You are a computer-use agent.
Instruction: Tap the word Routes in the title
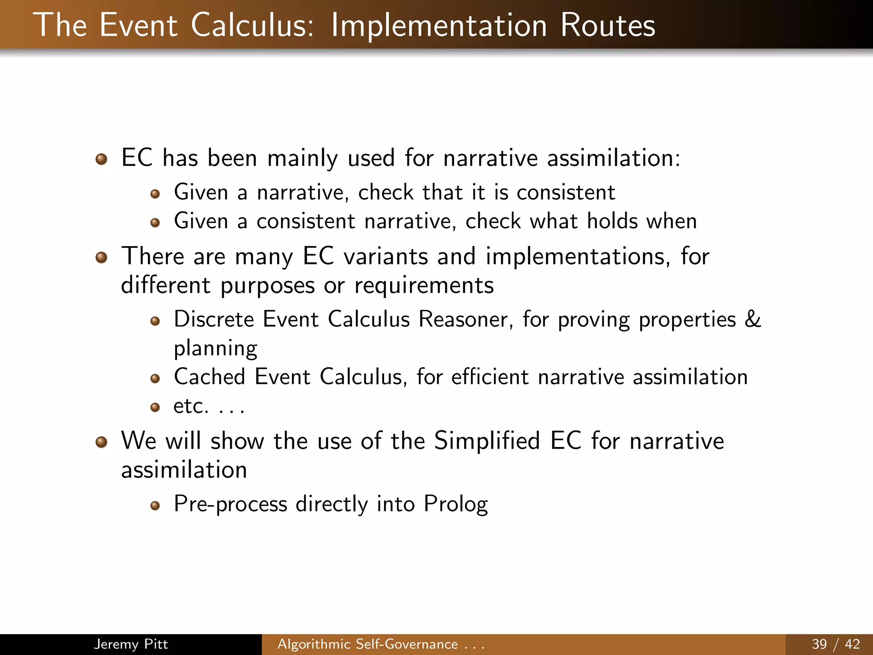pos(607,26)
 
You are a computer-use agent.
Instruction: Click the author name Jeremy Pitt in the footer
pos(130,644)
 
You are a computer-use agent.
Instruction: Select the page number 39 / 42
pos(835,644)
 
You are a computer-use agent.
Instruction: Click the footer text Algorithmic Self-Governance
pos(367,644)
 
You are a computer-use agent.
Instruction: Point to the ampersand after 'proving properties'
pos(752,319)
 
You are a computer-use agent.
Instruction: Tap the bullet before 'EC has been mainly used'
pos(101,159)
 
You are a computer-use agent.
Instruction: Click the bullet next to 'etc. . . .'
pos(155,407)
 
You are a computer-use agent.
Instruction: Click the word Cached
pos(209,377)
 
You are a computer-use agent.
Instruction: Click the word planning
pos(215,349)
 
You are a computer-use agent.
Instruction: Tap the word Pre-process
pos(230,504)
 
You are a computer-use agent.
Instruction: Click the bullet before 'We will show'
pos(101,442)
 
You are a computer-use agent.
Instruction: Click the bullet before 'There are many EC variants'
pos(101,258)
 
